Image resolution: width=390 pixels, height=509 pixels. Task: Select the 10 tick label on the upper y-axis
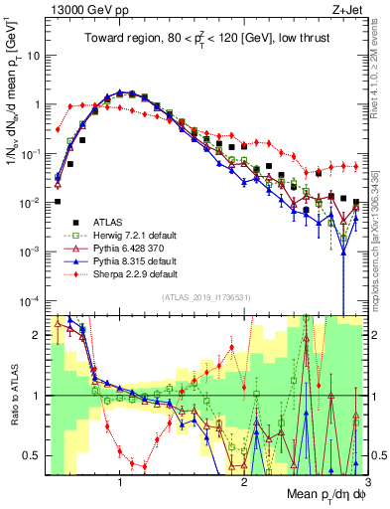pyautogui.click(x=31, y=56)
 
